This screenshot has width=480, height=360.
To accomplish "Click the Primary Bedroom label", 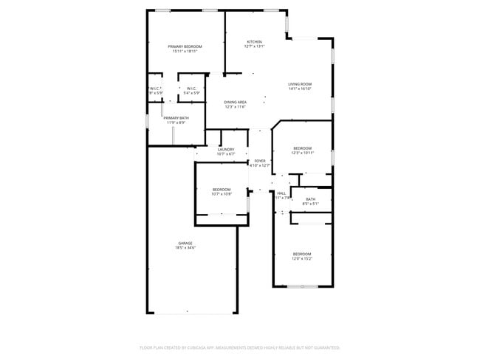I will [x=185, y=46].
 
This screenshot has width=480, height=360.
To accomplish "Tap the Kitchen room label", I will [x=254, y=41].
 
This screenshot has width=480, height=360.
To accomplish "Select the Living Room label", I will [x=300, y=84].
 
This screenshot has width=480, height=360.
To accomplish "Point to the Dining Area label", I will [x=235, y=102].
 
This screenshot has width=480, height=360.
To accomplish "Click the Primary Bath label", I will [x=176, y=118].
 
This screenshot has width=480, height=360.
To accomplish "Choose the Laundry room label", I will [x=226, y=149].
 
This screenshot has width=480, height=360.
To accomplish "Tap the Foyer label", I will [x=260, y=161].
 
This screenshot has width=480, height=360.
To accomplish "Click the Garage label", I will [x=185, y=243].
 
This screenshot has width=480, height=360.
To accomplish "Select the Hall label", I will [x=281, y=193].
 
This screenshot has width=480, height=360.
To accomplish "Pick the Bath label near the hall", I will [x=310, y=198].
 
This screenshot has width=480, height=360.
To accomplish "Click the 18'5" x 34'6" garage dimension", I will [x=185, y=248].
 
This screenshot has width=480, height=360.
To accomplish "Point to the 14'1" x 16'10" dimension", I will [x=300, y=89].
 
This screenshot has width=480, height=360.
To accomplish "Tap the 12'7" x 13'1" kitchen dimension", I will [x=254, y=46].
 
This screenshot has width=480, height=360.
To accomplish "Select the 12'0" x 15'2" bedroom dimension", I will [x=301, y=259].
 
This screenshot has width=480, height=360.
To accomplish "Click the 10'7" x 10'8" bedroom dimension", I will [x=222, y=195].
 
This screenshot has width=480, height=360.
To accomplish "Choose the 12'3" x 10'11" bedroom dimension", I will [x=302, y=153].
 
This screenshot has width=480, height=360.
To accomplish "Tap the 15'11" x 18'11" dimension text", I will [x=185, y=52].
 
